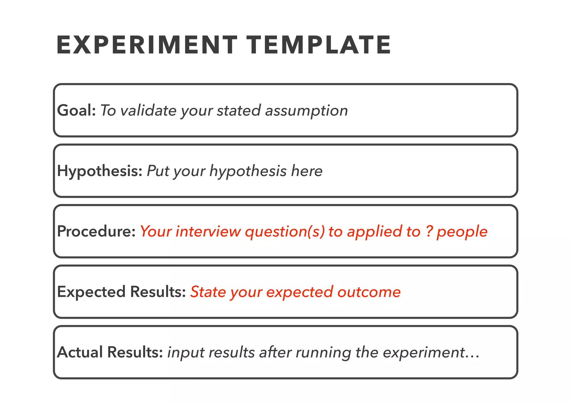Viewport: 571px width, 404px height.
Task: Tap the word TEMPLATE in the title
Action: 319,45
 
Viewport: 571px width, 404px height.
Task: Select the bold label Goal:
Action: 76,110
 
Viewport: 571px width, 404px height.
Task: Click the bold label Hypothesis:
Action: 100,171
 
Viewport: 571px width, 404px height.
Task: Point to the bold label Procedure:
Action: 96,231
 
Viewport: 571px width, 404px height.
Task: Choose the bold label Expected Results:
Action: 121,292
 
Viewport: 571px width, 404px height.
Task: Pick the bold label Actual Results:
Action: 110,352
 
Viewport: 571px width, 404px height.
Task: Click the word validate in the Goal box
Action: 148,110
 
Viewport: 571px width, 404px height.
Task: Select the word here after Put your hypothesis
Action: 307,171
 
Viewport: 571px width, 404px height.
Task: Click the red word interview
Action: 208,232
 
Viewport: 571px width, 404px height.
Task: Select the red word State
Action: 208,292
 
